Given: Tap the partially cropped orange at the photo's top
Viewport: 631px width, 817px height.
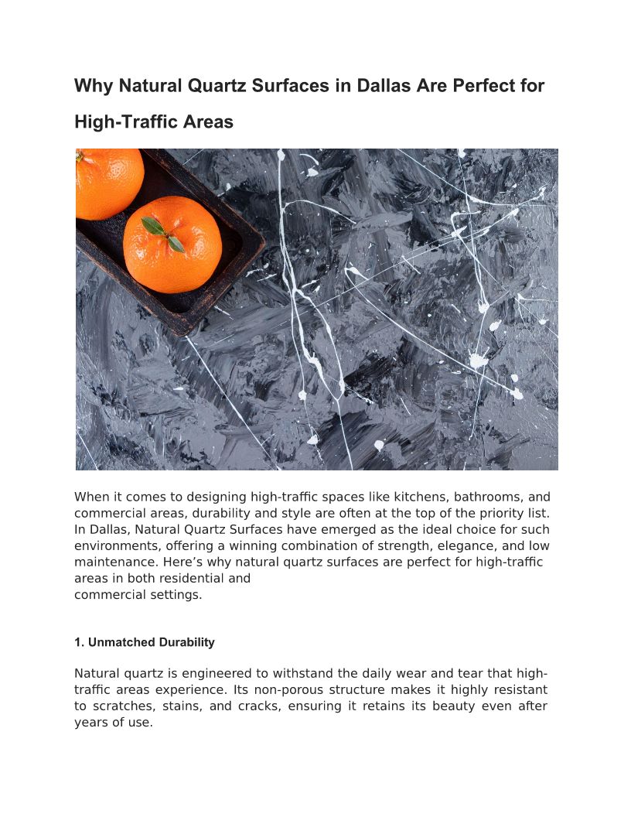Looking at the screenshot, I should click(107, 180).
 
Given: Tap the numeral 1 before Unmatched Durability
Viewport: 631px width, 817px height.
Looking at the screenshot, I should click(77, 642).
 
